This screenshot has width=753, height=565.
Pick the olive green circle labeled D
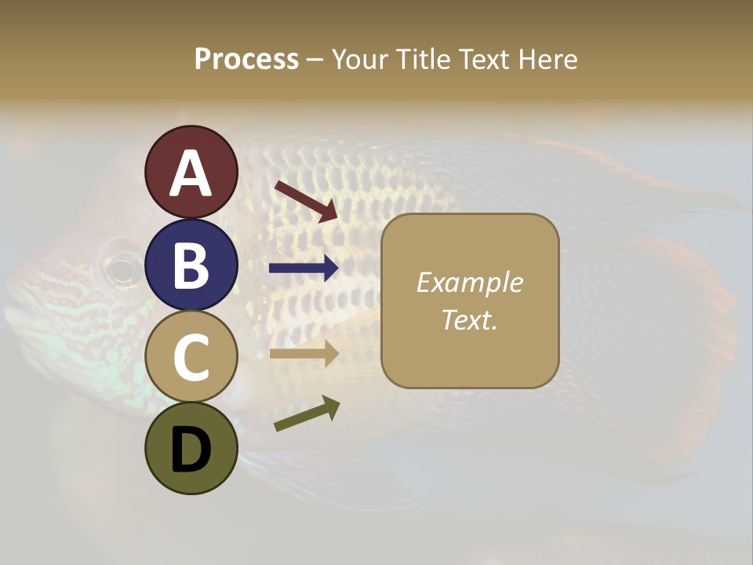pyautogui.click(x=191, y=448)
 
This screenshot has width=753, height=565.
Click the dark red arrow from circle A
pyautogui.click(x=306, y=200)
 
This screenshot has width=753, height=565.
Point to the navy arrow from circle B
pyautogui.click(x=304, y=268)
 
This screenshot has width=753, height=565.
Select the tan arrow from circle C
pyautogui.click(x=304, y=355)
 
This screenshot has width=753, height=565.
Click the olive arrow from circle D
pyautogui.click(x=307, y=414)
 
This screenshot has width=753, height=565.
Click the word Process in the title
pyautogui.click(x=246, y=59)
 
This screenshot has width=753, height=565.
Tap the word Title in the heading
pyautogui.click(x=421, y=59)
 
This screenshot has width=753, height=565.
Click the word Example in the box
pyautogui.click(x=469, y=282)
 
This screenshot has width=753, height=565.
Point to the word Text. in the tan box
pyautogui.click(x=469, y=319)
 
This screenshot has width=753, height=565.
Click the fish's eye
pyautogui.click(x=122, y=269)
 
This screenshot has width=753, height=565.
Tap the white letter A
pyautogui.click(x=191, y=173)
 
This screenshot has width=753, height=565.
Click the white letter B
pyautogui.click(x=191, y=265)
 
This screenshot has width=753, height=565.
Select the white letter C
pyautogui.click(x=191, y=358)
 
